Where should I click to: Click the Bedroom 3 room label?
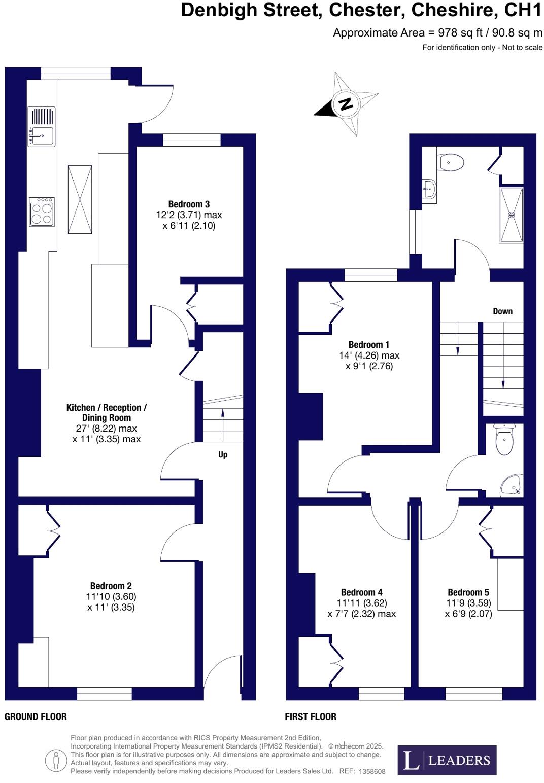pos(189,204)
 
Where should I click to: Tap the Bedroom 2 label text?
pos(111,586)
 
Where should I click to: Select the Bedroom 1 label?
pos(369,345)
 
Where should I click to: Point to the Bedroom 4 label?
pos(361,592)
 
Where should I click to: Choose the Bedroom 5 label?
pos(468,592)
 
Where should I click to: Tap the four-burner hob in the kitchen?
pos(42,212)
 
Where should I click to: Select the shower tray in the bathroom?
pos(511,215)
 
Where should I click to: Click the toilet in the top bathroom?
pos(452,162)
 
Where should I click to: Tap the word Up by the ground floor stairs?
pos(223,454)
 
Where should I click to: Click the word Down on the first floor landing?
pos(502,311)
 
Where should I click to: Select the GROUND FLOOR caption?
pos(36,716)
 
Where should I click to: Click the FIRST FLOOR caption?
pos(311,716)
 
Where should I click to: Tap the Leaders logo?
pos(447,760)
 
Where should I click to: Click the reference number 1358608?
pos(372,771)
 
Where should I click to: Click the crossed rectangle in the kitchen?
pos(80,199)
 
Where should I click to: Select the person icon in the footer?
pos(56,760)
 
